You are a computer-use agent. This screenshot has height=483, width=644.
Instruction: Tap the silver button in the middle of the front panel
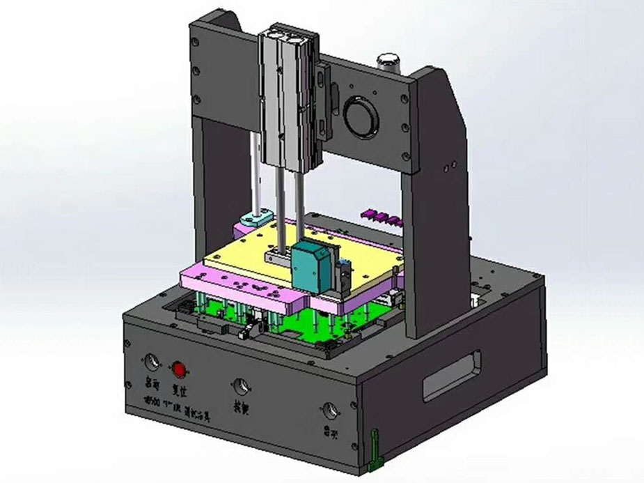pyautogui.click(x=242, y=385)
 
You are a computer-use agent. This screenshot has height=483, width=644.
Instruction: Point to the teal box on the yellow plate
pyautogui.click(x=313, y=266)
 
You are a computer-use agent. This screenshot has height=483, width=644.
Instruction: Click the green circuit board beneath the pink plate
pyautogui.click(x=334, y=327)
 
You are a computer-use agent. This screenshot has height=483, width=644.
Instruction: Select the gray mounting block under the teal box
pyautogui.click(x=278, y=259)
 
